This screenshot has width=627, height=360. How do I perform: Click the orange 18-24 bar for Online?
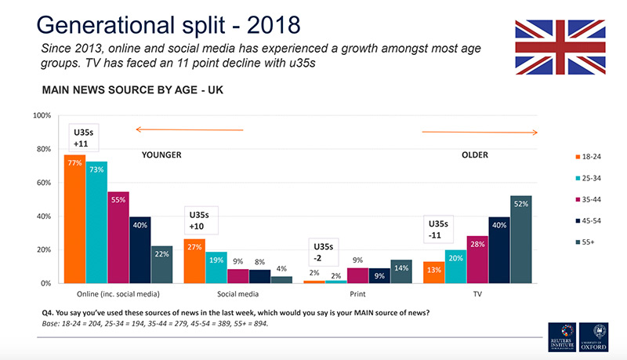click(74, 219)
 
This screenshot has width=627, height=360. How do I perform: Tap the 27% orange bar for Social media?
click(194, 260)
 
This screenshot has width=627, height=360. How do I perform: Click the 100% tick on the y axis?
click(42, 115)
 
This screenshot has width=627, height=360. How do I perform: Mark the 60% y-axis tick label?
click(42, 183)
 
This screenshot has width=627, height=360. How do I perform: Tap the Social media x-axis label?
click(237, 294)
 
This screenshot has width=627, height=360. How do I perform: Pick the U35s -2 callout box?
click(321, 253)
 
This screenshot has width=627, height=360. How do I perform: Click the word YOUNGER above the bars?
click(161, 155)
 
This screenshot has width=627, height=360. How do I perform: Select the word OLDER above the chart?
click(475, 155)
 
